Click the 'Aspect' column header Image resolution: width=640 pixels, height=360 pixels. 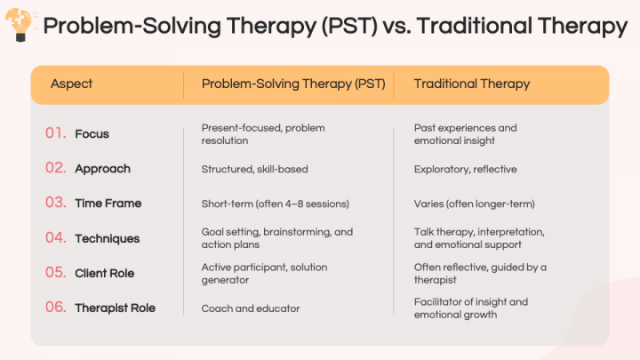[x=71, y=84]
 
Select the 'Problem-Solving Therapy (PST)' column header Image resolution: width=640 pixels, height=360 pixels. [x=293, y=84]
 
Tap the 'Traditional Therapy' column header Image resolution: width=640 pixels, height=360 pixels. [x=471, y=84]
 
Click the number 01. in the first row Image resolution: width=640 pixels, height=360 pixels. [x=56, y=133]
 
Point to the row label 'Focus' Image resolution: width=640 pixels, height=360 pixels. [x=92, y=134]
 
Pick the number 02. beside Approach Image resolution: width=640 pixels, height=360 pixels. [x=56, y=168]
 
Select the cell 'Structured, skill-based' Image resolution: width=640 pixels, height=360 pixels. [x=254, y=169]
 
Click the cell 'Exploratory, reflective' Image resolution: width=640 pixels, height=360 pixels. [x=465, y=169]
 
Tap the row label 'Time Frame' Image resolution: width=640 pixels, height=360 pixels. [x=108, y=204]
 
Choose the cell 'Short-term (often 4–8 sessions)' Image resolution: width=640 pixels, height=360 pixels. [x=276, y=204]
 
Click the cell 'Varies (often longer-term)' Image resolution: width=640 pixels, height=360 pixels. [x=474, y=204]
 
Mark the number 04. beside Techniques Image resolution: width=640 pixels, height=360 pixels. [x=56, y=238]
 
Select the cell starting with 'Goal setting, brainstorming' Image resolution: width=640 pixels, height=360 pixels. [x=276, y=238]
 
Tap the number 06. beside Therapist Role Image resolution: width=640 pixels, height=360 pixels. [x=56, y=308]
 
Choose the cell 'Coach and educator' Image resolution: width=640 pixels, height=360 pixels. [x=251, y=308]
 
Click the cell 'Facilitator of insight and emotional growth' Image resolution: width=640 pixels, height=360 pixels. [x=470, y=308]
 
